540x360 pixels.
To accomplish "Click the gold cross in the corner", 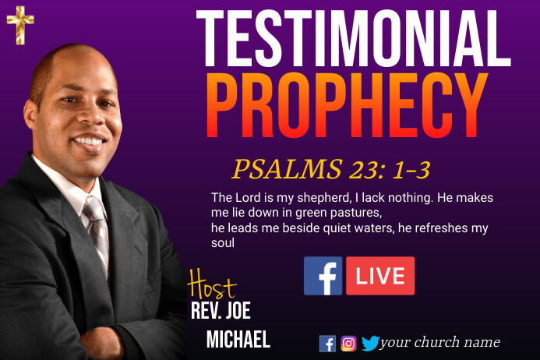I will [x=19, y=26].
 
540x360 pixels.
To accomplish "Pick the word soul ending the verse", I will [x=223, y=243].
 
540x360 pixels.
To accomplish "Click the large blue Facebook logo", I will [x=323, y=276].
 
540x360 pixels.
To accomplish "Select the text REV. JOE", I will [x=221, y=311].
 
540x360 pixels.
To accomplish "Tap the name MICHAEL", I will [x=238, y=339].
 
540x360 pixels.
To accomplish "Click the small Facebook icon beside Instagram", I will [x=327, y=344].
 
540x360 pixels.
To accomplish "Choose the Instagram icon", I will [x=348, y=344].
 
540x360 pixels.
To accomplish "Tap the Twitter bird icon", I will [x=369, y=344].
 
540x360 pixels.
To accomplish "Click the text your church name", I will [x=439, y=343].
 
